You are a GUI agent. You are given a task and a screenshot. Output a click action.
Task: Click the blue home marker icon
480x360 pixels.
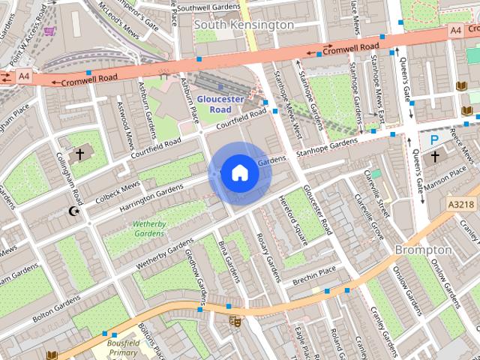[238, 173]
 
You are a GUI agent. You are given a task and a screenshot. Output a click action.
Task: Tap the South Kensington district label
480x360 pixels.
[244, 25]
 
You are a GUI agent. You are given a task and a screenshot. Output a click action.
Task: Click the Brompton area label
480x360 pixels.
[422, 249]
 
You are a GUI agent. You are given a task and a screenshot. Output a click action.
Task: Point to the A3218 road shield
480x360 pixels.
[460, 203]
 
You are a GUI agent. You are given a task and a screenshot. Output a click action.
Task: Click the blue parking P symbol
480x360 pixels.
[434, 139]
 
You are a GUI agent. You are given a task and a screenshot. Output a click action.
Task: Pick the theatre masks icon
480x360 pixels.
[235, 322]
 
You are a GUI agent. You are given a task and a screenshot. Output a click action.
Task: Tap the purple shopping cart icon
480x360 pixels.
[49, 31]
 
